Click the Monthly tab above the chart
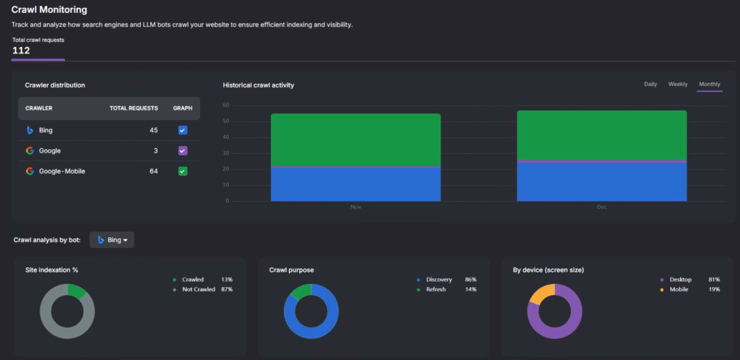[x=710, y=85]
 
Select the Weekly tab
[x=678, y=85]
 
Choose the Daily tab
[x=650, y=85]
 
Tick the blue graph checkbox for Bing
[x=183, y=130]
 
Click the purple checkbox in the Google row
[x=183, y=150]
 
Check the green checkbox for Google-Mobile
[x=183, y=171]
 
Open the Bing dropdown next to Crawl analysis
[x=112, y=240]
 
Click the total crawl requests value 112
[x=21, y=51]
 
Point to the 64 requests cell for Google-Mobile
[x=153, y=171]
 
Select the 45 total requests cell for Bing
[x=153, y=130]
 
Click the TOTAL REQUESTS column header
[x=134, y=108]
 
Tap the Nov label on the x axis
[x=355, y=207]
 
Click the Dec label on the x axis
[x=602, y=207]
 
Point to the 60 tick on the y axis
[x=226, y=106]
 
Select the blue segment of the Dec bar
[x=602, y=182]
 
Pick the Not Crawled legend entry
[x=198, y=289]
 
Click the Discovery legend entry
[x=439, y=279]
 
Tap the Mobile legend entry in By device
[x=678, y=289]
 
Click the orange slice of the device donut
[x=541, y=292]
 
